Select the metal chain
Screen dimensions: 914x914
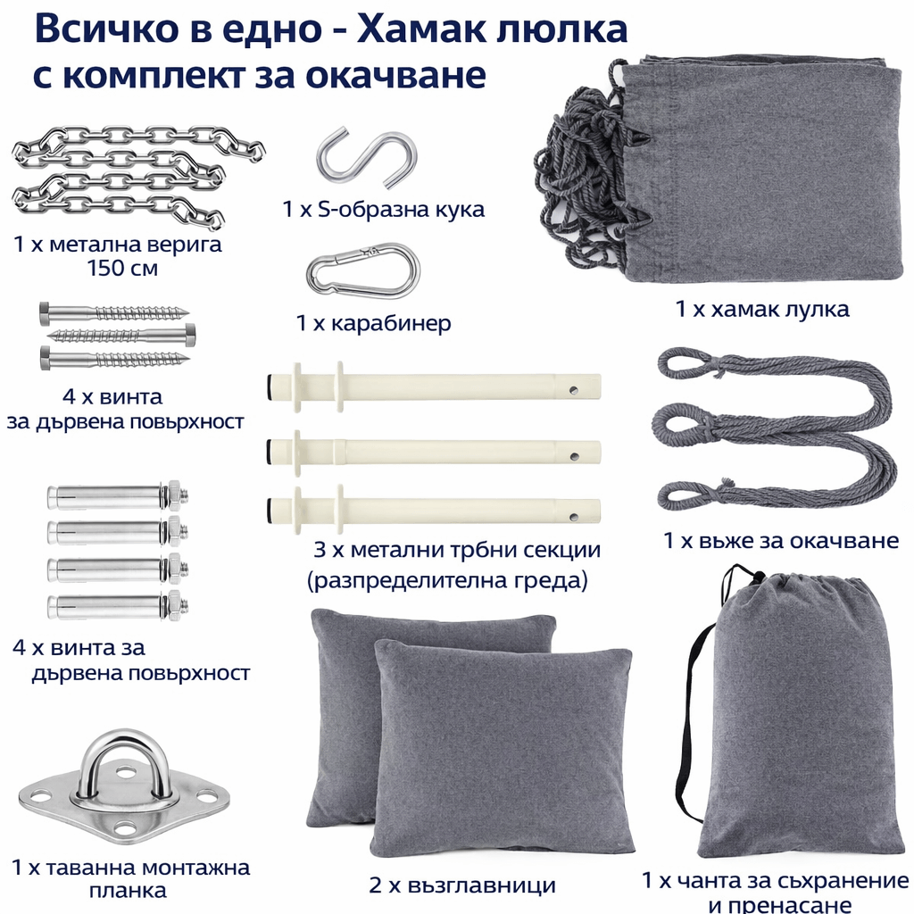(x=137, y=176)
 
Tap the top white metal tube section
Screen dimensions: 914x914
(x=433, y=387)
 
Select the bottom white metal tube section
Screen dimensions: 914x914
(x=433, y=508)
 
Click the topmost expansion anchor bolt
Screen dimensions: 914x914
(x=118, y=496)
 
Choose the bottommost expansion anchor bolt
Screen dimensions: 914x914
(x=118, y=606)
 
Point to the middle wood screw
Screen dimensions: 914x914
(x=120, y=334)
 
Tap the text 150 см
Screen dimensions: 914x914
(x=122, y=268)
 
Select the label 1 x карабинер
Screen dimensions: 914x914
(x=374, y=322)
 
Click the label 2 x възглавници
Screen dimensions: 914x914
(x=462, y=885)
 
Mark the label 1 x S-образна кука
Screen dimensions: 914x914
(x=383, y=209)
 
